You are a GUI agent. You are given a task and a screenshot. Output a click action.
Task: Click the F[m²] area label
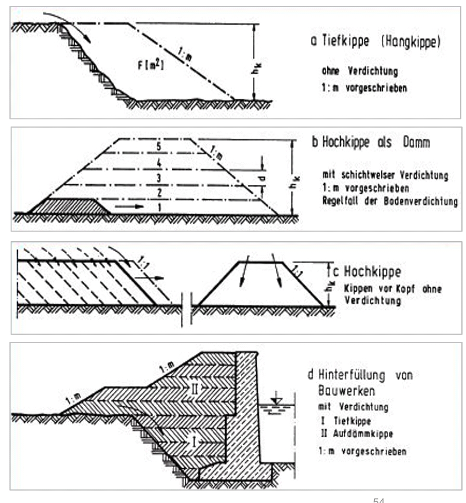point(151,65)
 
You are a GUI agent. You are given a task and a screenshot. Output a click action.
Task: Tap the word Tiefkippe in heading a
point(346,41)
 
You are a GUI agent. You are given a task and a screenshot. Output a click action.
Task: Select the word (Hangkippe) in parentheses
point(411,42)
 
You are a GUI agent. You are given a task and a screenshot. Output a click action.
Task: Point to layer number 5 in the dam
point(159,146)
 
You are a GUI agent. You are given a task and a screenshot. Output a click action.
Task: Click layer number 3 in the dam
point(158,178)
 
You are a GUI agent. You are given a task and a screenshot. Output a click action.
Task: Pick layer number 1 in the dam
point(159,207)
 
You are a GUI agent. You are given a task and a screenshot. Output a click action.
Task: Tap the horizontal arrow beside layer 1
point(129,206)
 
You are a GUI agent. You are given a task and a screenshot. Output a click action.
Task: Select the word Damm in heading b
point(416,142)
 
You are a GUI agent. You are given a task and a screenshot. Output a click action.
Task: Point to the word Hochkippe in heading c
point(372,271)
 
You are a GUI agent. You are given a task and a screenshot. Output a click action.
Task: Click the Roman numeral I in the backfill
point(194,442)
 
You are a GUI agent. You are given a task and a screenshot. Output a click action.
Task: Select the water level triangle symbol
point(276,401)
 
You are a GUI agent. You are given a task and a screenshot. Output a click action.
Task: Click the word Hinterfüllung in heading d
point(351,375)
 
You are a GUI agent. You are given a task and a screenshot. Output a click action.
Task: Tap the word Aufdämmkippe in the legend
point(362,434)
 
